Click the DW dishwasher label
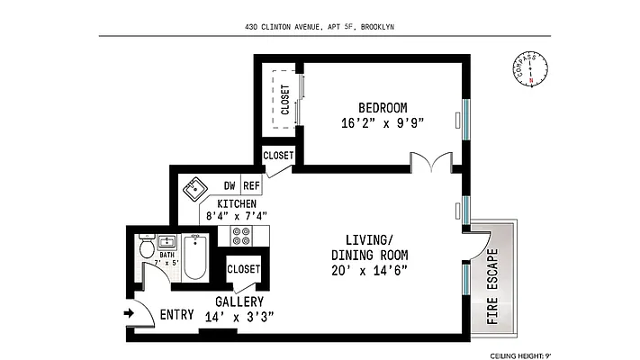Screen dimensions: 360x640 click(x=230, y=186)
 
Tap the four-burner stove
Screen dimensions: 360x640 click(x=241, y=236)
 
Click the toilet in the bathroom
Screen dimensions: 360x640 click(x=147, y=247)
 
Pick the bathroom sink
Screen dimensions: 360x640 click(x=167, y=241)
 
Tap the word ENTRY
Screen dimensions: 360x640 click(x=177, y=315)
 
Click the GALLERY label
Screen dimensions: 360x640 click(x=239, y=301)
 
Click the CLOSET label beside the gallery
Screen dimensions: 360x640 click(x=243, y=269)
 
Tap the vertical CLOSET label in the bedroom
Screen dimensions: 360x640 click(x=284, y=101)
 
